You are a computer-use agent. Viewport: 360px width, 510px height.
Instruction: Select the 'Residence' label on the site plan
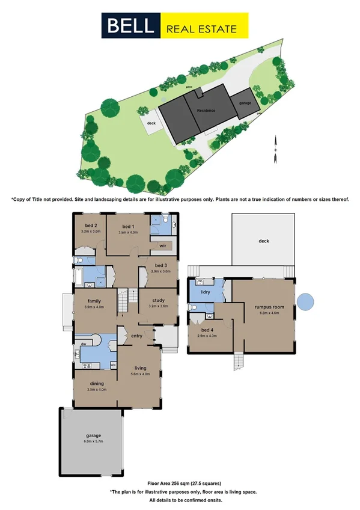(207, 111)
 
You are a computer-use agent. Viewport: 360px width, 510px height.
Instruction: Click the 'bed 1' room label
(125, 226)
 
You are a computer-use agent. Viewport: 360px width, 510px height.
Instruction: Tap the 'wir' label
(163, 246)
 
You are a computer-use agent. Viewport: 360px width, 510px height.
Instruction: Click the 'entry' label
(137, 336)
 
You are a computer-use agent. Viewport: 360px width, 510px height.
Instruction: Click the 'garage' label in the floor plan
(93, 435)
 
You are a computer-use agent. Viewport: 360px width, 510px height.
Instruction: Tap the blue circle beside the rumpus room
(306, 301)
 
